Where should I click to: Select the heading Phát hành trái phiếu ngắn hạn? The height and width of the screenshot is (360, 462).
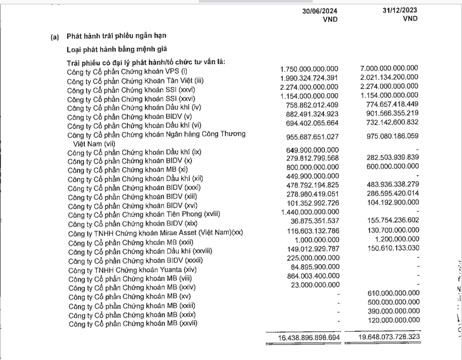(117, 36)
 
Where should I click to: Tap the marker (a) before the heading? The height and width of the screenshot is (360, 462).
(54, 37)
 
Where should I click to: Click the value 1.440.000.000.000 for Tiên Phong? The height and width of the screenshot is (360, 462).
(310, 212)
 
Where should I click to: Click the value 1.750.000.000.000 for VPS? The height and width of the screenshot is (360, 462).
(310, 69)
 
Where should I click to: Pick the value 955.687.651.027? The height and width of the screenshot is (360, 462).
(310, 137)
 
